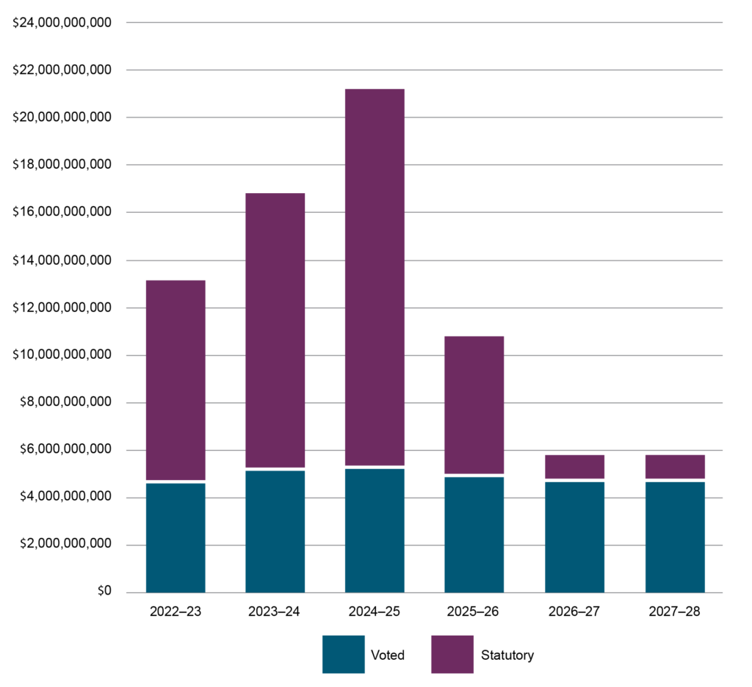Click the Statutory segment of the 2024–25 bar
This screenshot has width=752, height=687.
(375, 277)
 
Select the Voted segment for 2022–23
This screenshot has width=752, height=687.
(176, 537)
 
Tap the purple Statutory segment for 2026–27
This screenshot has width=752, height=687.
(574, 467)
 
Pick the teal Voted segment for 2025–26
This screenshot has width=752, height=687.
(474, 534)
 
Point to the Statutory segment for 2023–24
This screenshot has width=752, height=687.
(275, 330)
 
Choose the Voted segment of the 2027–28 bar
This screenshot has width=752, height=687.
(675, 537)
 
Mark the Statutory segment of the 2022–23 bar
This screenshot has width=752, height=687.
(176, 379)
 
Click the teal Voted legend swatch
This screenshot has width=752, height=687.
(343, 654)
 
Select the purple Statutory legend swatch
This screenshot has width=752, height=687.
(452, 654)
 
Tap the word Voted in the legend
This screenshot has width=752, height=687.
(388, 655)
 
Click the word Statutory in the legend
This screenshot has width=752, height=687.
(507, 655)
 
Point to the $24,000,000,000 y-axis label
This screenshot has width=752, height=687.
(62, 23)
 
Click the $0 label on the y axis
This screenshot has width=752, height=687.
(103, 592)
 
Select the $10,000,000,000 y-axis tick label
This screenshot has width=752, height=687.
(62, 355)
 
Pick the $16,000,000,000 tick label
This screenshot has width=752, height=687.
(62, 212)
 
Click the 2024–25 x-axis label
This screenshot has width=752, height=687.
(375, 611)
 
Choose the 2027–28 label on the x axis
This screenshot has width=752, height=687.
(675, 611)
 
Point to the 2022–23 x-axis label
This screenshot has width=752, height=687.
(176, 611)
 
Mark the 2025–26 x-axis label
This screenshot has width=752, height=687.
(474, 611)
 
